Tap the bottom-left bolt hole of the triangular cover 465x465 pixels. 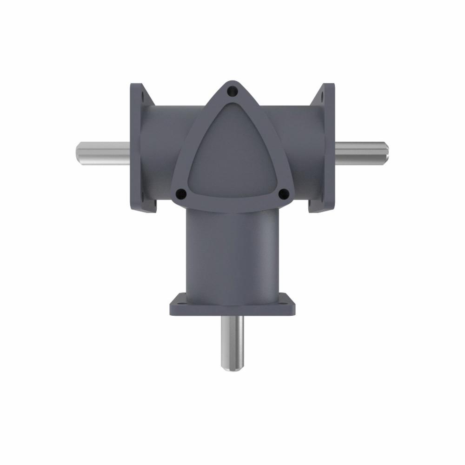pos(181,193)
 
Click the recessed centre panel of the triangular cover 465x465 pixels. pos(232,153)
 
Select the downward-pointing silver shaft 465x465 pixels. pos(232,342)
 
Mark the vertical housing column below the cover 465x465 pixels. pos(232,253)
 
